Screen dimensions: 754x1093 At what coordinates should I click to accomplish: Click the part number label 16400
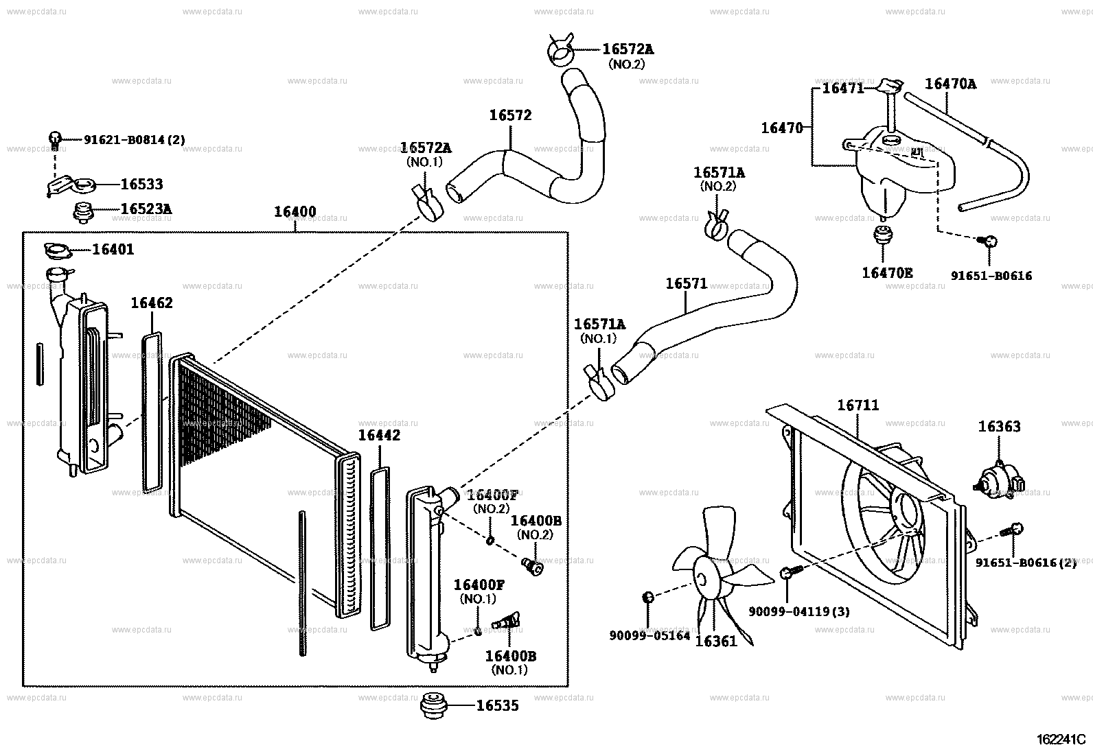295,211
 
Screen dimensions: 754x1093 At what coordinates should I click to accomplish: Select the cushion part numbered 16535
433,706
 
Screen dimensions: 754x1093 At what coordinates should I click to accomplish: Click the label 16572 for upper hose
510,115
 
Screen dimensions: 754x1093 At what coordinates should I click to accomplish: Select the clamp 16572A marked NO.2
561,51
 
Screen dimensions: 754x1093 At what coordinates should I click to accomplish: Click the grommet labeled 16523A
84,212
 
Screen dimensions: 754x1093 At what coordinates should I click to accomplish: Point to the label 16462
152,303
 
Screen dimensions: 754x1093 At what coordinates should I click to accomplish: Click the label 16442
379,435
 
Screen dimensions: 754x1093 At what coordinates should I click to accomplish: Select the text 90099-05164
649,635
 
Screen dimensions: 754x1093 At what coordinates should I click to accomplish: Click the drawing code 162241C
1061,740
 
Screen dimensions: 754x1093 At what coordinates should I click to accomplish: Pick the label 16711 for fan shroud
858,405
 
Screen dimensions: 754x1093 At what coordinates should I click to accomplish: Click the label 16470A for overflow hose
950,84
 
